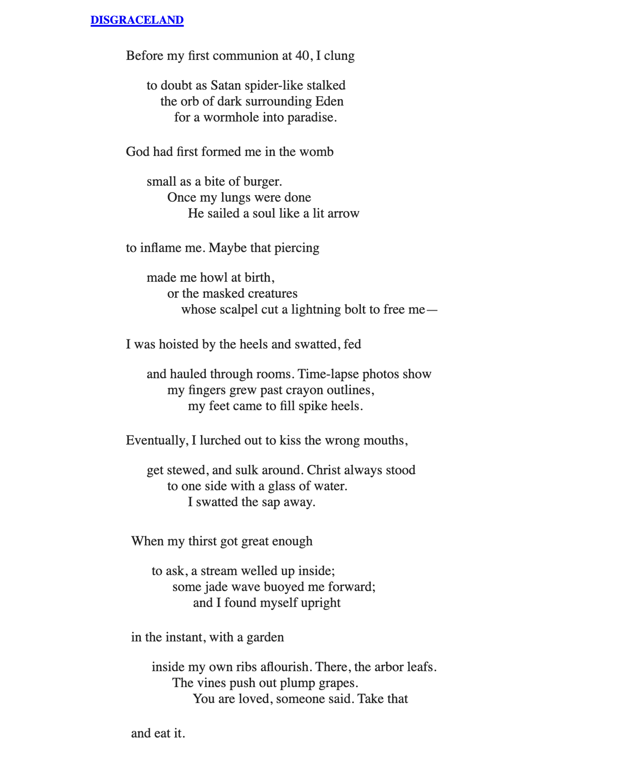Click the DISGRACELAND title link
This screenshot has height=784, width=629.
point(137,20)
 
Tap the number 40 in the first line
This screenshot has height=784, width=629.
point(302,56)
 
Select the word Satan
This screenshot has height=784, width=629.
point(226,86)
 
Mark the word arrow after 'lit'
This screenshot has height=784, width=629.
point(343,214)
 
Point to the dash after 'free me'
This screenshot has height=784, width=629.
point(432,310)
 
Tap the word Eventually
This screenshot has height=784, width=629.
point(156,440)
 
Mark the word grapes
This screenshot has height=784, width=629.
point(338,683)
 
